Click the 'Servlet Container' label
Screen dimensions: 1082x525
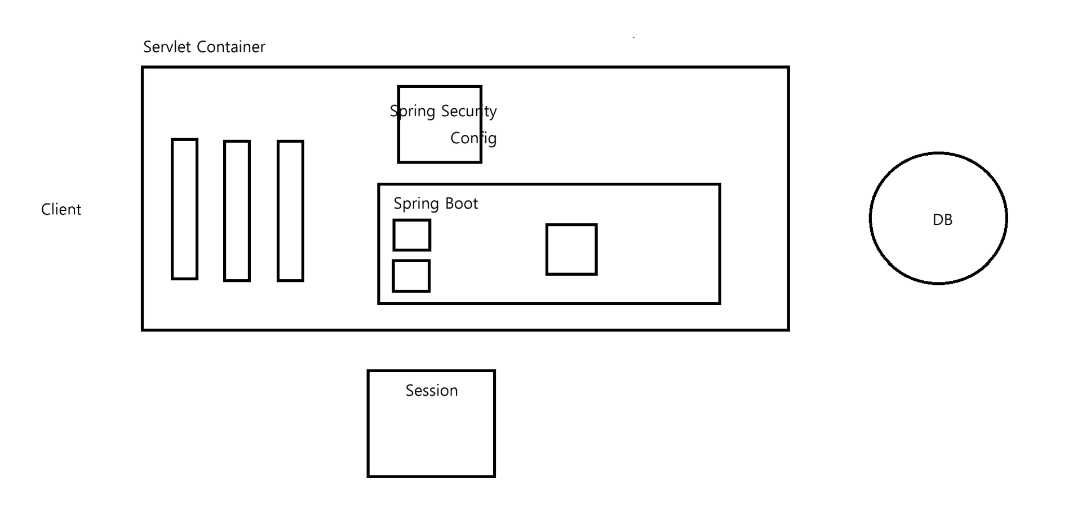click(x=204, y=47)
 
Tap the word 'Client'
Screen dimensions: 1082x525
click(x=61, y=210)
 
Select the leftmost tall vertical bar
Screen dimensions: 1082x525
click(x=185, y=209)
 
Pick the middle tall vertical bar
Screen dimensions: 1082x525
click(x=237, y=210)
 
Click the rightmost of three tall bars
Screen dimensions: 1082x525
click(x=290, y=211)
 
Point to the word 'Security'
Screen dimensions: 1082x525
click(x=469, y=111)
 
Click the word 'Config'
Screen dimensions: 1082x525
click(x=473, y=138)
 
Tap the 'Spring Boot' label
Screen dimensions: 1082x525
click(x=436, y=204)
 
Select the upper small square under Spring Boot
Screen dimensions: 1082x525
click(x=412, y=235)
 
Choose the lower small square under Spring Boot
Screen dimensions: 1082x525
click(x=411, y=276)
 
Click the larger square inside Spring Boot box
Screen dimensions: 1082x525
click(x=571, y=249)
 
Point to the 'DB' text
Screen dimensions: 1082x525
click(x=942, y=220)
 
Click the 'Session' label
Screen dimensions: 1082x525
click(x=432, y=391)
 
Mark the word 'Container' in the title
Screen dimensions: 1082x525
click(x=231, y=47)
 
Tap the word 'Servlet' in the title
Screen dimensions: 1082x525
click(x=167, y=47)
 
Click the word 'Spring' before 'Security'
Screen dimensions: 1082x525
click(x=413, y=112)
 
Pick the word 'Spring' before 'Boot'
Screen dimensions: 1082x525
click(x=416, y=204)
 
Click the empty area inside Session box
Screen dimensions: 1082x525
click(x=431, y=440)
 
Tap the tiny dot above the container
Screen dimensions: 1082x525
click(x=634, y=37)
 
